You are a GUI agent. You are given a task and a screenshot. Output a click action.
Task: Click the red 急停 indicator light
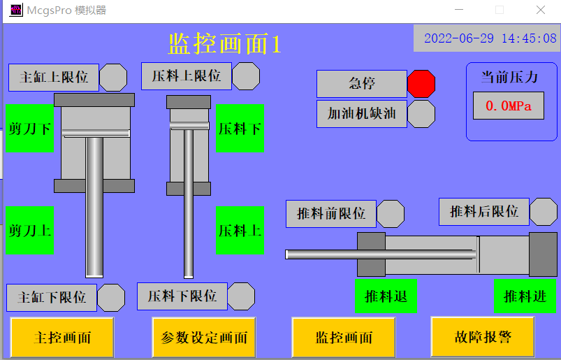click(421, 84)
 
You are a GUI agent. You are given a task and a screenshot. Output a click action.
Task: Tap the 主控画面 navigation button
click(62, 338)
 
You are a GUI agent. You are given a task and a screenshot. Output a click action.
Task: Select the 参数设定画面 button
click(204, 338)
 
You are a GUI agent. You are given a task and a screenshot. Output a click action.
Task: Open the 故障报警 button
click(483, 337)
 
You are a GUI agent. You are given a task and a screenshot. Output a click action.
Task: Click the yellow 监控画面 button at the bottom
click(344, 338)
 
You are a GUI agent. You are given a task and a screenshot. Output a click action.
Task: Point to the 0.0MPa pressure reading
click(509, 106)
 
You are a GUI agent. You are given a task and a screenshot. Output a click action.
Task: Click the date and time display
click(490, 38)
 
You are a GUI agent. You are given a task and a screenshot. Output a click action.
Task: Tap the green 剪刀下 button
click(30, 129)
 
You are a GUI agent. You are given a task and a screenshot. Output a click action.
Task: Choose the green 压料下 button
click(240, 129)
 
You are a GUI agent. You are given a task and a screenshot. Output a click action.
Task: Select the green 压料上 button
click(240, 230)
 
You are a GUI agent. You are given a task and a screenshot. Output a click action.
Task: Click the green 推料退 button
click(386, 296)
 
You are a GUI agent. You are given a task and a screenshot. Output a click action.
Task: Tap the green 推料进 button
click(525, 296)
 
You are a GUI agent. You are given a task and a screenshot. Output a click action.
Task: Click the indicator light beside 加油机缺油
click(421, 114)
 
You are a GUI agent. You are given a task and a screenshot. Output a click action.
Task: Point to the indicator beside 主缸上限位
click(113, 78)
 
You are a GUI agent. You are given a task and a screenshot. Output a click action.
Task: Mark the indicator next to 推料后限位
click(544, 212)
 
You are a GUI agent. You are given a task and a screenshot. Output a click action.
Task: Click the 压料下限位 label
click(182, 296)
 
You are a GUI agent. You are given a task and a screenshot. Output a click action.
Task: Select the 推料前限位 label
click(331, 214)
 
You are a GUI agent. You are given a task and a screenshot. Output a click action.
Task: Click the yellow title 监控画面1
click(224, 43)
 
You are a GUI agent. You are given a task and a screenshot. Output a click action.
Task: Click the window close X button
click(541, 10)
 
